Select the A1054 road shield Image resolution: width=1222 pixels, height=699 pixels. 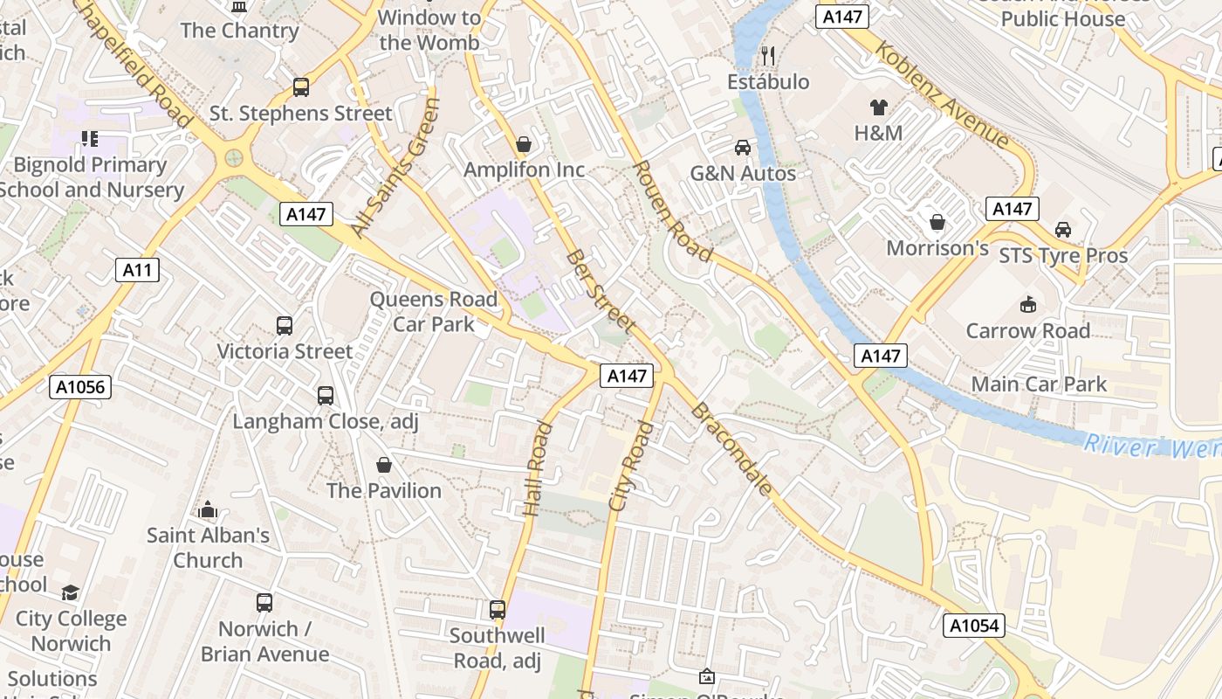point(974,626)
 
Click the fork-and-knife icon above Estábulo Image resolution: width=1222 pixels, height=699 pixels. point(768,56)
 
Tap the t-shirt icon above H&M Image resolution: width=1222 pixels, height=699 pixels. point(878,107)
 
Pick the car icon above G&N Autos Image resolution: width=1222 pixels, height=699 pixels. point(743,148)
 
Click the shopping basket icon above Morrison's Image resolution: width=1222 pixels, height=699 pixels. point(937,222)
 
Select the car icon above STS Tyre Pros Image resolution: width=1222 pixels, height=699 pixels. point(1062,230)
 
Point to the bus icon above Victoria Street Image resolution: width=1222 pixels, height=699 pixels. point(285,326)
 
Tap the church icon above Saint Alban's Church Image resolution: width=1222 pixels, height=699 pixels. point(208,509)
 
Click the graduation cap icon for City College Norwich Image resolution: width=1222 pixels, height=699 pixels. point(70,593)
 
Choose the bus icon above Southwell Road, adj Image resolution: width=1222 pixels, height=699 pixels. point(498,610)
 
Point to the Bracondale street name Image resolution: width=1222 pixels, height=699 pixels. point(731,449)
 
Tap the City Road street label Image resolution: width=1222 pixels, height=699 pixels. point(631,466)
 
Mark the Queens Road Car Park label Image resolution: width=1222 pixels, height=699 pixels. point(434,311)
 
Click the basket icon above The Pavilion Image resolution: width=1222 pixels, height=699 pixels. point(383,465)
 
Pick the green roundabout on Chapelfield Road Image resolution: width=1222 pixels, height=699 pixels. point(234,158)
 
